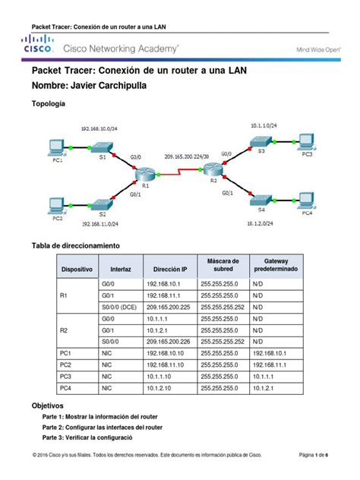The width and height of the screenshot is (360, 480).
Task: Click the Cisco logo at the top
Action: point(39,47)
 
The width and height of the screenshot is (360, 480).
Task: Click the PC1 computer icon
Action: point(54,146)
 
